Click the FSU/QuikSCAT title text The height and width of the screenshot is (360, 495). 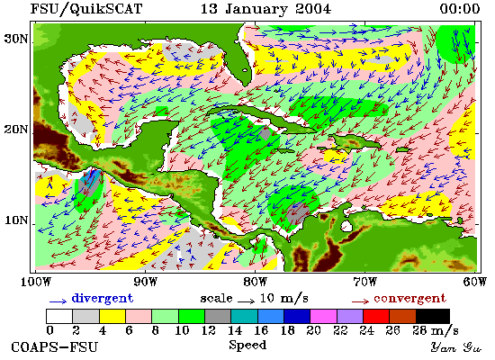click(x=86, y=9)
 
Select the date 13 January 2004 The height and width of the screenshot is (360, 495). click(x=265, y=9)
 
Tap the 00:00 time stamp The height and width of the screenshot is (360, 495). click(x=460, y=8)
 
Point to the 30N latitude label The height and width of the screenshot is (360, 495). click(x=16, y=39)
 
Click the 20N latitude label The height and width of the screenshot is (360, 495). click(x=16, y=130)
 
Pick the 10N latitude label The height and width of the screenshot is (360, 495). click(x=16, y=220)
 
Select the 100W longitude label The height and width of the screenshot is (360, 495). click(x=36, y=282)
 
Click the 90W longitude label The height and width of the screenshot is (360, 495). click(x=146, y=282)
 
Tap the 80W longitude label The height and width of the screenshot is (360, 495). click(x=255, y=282)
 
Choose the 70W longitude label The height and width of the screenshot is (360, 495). click(x=364, y=282)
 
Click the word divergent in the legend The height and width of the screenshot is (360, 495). click(x=103, y=298)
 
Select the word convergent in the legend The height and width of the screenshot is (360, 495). click(x=409, y=298)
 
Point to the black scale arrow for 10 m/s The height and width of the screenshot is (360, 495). click(x=247, y=301)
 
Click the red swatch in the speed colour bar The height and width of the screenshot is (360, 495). click(x=376, y=316)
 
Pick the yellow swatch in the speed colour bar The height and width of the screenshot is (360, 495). click(x=112, y=316)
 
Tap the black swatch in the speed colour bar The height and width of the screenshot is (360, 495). click(x=433, y=316)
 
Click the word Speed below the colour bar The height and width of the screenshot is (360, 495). click(x=247, y=345)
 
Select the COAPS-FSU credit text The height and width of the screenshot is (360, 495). click(x=54, y=346)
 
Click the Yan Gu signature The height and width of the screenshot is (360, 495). click(x=455, y=346)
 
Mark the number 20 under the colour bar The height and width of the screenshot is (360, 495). click(x=313, y=330)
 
